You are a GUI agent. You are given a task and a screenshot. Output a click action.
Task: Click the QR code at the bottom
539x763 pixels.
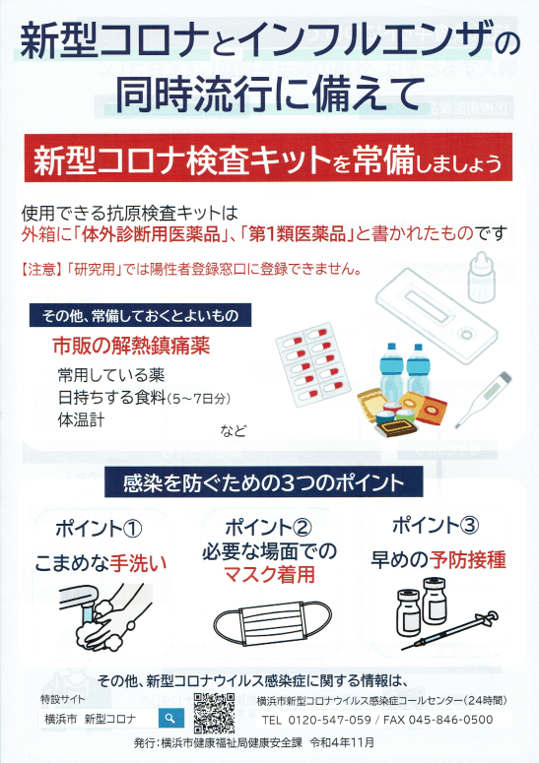point(214,713)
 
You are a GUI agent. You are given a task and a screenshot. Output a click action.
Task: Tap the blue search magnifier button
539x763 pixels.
point(170,719)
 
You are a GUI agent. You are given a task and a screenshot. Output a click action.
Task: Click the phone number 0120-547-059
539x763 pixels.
point(330,720)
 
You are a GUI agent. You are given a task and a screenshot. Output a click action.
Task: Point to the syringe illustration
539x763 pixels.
point(449,630)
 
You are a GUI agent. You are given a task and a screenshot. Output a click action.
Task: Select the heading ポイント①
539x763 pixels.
point(99,529)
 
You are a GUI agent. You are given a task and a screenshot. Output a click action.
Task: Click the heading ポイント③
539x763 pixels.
point(436,525)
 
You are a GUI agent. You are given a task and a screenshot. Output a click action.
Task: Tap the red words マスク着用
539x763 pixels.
point(269,575)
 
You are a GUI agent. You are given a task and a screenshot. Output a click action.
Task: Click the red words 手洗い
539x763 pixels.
point(138,562)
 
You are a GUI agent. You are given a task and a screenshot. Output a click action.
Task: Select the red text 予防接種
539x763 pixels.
point(467,559)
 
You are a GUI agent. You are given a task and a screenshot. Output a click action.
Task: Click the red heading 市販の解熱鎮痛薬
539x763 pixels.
point(131,346)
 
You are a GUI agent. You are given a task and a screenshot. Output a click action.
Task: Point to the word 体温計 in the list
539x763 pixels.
point(81,419)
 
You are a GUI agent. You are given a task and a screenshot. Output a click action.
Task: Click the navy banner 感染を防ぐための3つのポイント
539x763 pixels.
point(263,482)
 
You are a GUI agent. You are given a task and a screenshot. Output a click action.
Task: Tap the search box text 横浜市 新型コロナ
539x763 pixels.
point(90,719)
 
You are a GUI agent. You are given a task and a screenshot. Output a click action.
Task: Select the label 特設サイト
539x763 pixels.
point(62,699)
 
